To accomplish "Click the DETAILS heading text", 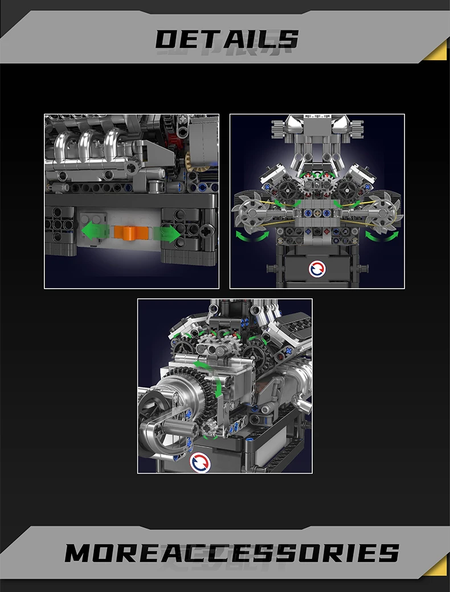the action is pos(227,39).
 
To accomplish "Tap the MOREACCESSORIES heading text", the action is pos(232,553).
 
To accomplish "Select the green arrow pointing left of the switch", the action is pos(95,232).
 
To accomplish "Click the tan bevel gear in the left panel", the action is pos(195,162).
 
